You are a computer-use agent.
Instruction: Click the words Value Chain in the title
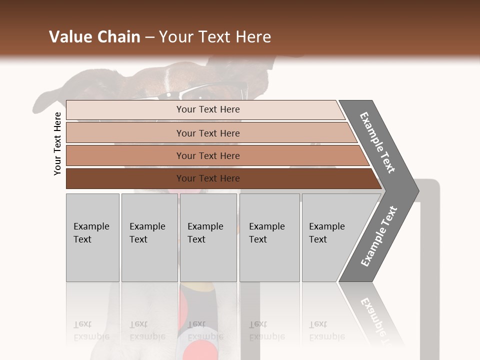click(x=94, y=37)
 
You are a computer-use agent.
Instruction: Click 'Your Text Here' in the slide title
click(x=215, y=37)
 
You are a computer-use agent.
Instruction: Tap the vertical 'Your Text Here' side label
click(x=57, y=143)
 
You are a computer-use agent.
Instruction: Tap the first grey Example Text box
click(x=92, y=237)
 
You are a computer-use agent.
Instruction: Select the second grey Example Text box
click(x=149, y=237)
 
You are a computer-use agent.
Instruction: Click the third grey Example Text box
click(x=208, y=237)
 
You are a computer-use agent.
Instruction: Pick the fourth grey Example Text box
click(x=269, y=237)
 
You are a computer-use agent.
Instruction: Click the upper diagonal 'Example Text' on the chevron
click(x=378, y=142)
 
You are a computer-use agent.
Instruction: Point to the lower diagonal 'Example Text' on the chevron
click(x=379, y=236)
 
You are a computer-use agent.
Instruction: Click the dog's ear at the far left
click(x=47, y=97)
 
